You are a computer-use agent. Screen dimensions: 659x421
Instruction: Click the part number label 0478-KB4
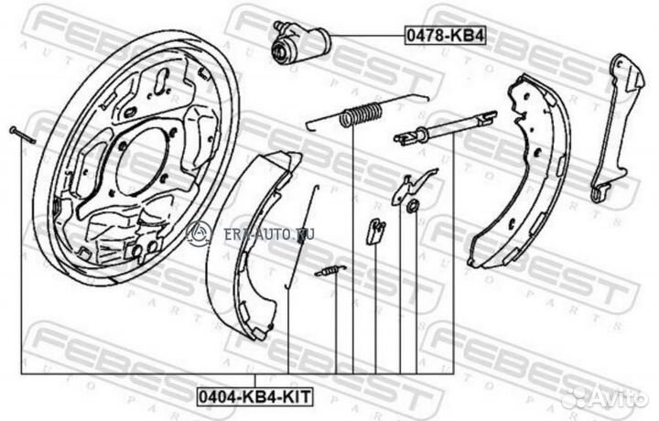[x=445, y=36]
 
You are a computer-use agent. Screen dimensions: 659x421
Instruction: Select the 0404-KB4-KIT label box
[x=254, y=396]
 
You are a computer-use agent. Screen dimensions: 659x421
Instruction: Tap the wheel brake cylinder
[x=300, y=41]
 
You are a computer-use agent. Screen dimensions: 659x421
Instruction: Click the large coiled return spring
[x=362, y=113]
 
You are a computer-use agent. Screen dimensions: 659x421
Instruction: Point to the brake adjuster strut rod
[x=445, y=128]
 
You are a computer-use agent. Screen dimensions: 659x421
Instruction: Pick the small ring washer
[x=414, y=205]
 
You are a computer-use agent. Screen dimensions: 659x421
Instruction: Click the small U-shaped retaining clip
[x=375, y=232]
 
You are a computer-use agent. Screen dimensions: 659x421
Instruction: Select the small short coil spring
[x=330, y=271]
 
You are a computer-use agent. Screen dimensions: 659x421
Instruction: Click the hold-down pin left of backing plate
[x=23, y=135]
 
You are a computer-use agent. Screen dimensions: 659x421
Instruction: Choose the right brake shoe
[x=520, y=171]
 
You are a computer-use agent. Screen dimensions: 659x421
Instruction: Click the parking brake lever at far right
[x=616, y=126]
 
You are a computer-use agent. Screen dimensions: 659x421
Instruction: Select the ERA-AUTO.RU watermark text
[x=269, y=234]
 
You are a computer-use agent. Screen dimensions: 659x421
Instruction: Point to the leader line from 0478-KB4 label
[x=368, y=37]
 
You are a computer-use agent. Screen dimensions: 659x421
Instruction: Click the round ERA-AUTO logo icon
[x=199, y=233]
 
